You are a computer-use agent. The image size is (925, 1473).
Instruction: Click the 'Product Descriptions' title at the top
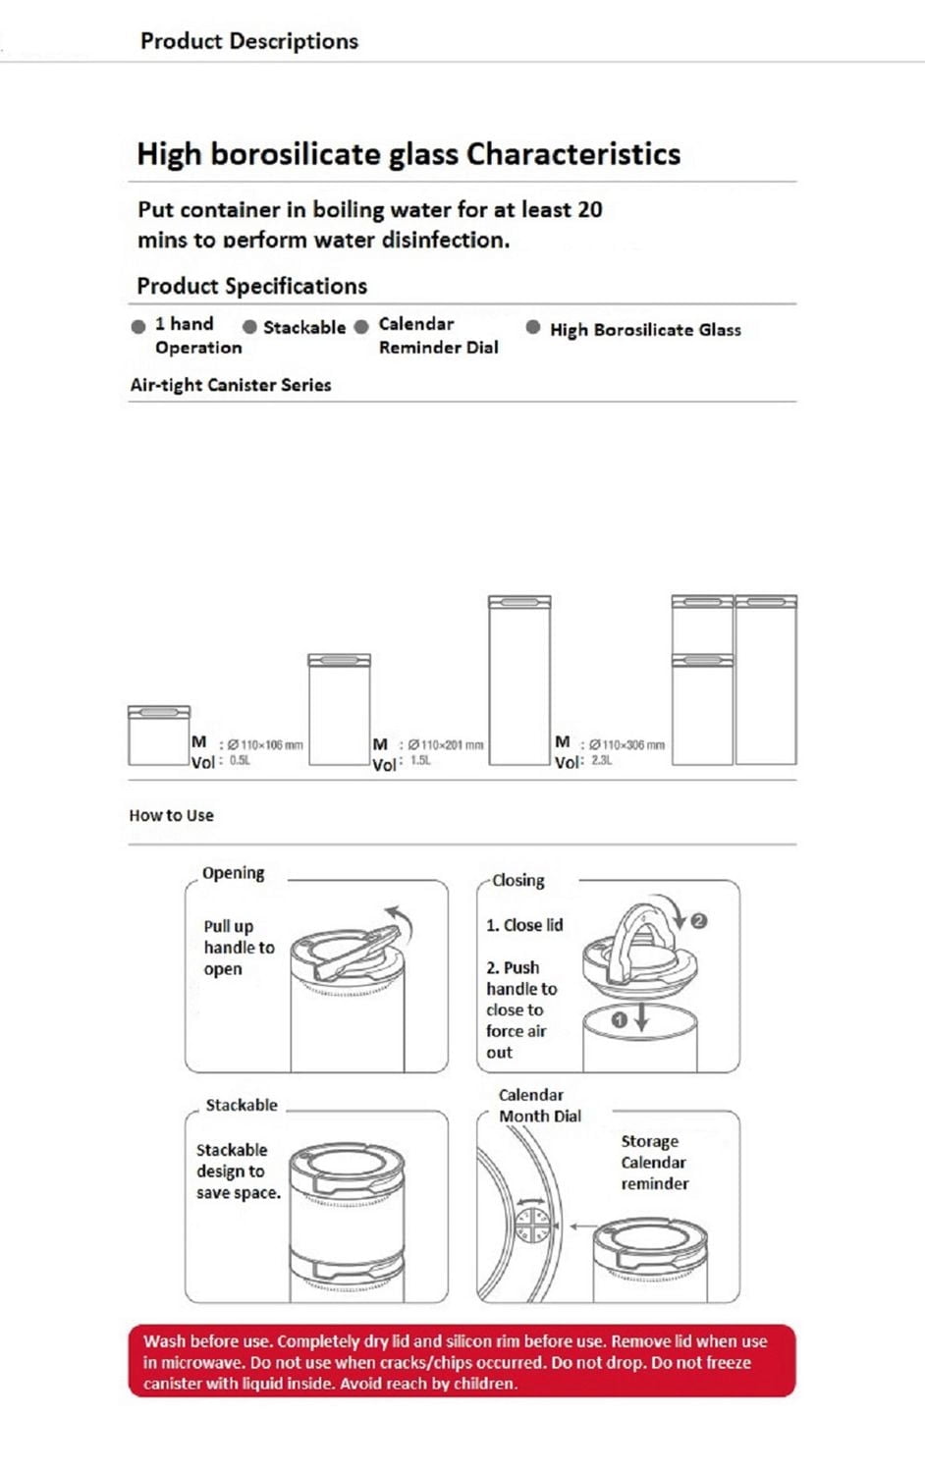[248, 41]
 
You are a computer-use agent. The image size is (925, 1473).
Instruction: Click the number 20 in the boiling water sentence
[589, 209]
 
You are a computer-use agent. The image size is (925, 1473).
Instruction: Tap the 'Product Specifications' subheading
[251, 286]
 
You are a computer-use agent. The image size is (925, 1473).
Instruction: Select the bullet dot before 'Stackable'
[249, 327]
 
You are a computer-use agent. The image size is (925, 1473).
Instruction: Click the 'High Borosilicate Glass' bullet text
[645, 330]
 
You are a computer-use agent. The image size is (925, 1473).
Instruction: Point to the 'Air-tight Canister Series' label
[231, 385]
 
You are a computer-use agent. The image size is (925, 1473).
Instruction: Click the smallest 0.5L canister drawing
[158, 736]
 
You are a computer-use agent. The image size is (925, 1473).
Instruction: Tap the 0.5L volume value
[240, 761]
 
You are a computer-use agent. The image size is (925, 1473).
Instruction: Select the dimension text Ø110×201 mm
[446, 745]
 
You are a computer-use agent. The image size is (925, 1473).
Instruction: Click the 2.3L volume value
[602, 761]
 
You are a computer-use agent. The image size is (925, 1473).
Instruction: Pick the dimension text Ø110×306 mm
[626, 745]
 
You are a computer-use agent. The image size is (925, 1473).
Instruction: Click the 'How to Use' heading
[171, 815]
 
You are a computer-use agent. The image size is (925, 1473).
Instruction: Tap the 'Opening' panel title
[233, 873]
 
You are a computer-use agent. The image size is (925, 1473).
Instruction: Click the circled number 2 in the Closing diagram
[698, 921]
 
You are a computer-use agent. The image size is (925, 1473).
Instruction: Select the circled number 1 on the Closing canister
[619, 1020]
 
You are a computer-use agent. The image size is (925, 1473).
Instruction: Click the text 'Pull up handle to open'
[238, 948]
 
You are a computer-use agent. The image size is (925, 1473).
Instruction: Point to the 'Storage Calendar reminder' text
[654, 1163]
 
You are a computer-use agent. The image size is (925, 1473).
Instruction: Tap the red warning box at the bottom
[462, 1362]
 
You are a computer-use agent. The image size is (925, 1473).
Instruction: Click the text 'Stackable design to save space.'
[238, 1172]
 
